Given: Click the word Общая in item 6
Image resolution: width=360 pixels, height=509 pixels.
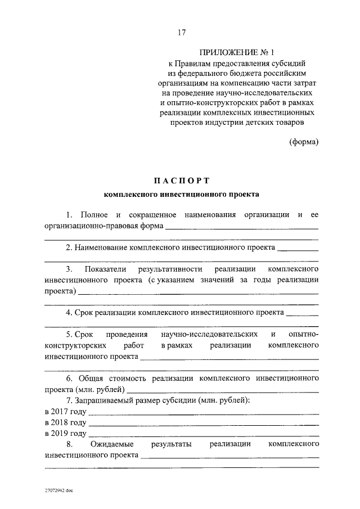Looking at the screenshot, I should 92,379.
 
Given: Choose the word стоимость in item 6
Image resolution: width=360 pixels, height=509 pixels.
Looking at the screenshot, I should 129,379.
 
